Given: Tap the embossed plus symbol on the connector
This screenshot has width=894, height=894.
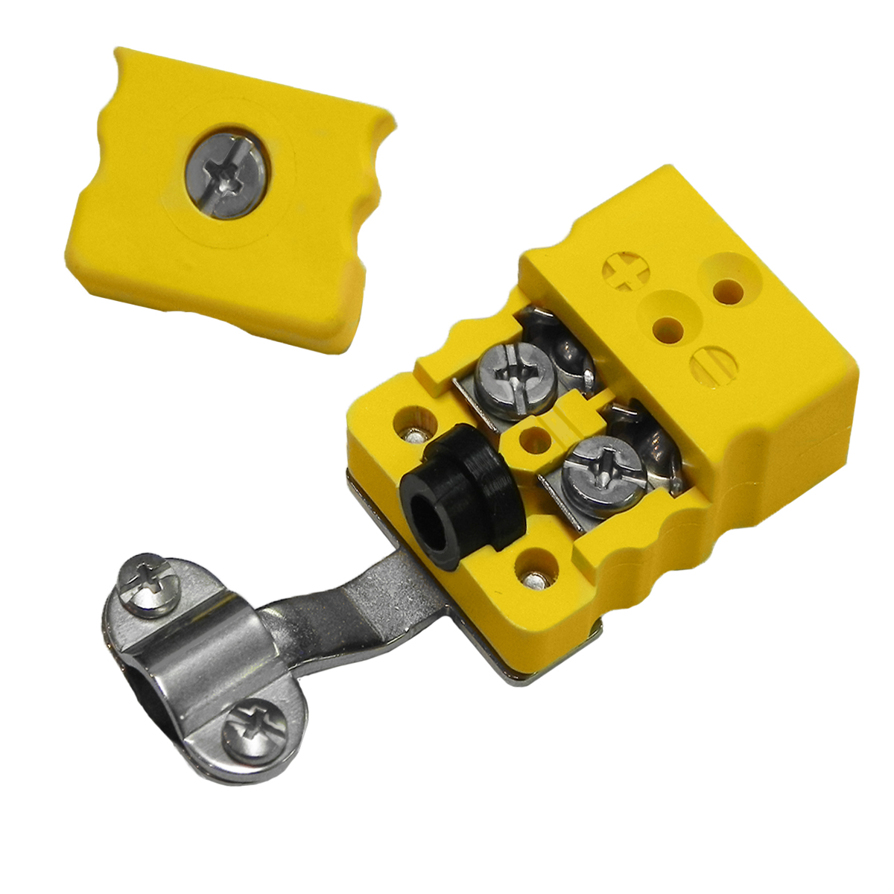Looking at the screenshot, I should pyautogui.click(x=624, y=273).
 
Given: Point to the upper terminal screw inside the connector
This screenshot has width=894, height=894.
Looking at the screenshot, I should pyautogui.click(x=514, y=375).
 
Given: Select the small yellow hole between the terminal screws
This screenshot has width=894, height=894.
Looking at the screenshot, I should pyautogui.click(x=532, y=439).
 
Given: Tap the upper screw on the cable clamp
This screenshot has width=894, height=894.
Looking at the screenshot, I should pyautogui.click(x=148, y=589).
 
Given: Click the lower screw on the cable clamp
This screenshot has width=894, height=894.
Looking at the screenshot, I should pyautogui.click(x=255, y=729).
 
